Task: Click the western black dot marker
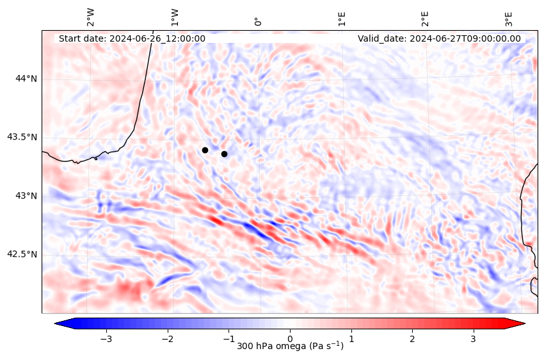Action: (205, 150)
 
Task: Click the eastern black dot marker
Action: (224, 154)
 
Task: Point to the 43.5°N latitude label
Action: (22, 137)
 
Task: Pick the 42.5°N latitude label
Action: (22, 254)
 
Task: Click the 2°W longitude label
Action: (90, 17)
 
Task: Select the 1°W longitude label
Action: (174, 17)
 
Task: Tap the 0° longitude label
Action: (258, 21)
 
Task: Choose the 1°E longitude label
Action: (342, 18)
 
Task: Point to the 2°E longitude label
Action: (425, 18)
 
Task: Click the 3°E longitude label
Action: (509, 18)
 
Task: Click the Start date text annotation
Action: (132, 38)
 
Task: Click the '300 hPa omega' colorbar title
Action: (290, 347)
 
